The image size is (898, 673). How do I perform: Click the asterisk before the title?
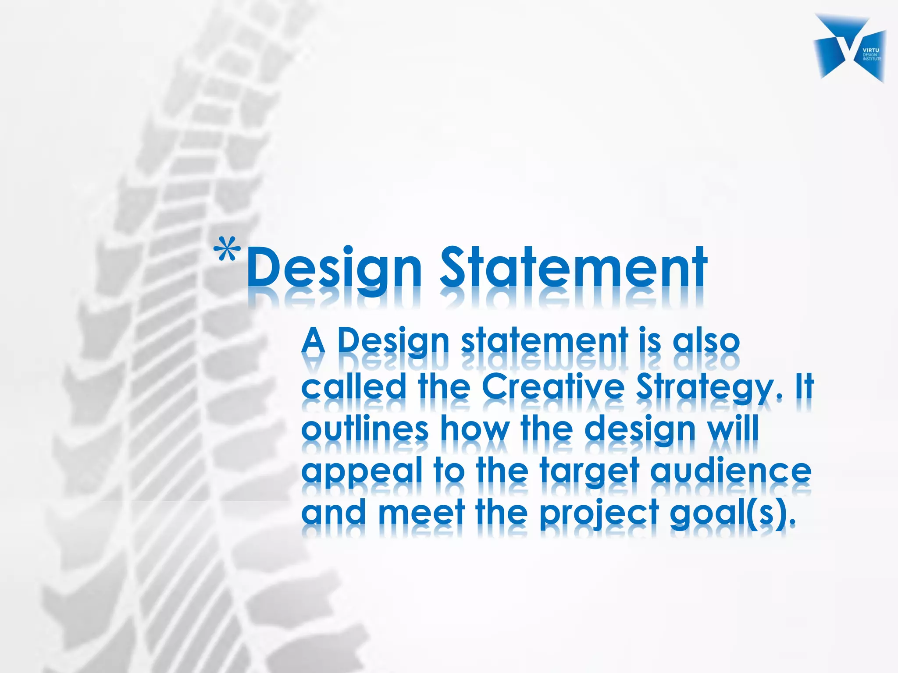pos(227,250)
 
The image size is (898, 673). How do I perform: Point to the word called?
pos(353,386)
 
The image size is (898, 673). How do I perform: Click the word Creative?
pos(552,386)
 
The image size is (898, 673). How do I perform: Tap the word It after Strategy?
pos(805,386)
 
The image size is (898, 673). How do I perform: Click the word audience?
pos(731,471)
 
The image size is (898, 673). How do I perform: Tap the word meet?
pos(421,513)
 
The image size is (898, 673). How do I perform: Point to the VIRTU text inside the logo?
pos(871,50)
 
